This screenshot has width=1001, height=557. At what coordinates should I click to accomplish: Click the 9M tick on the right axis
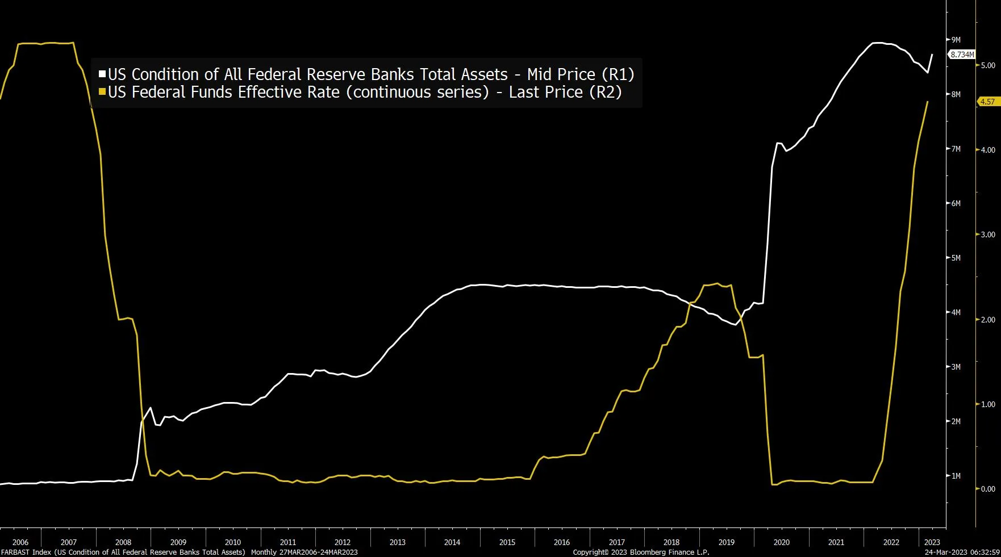pyautogui.click(x=956, y=40)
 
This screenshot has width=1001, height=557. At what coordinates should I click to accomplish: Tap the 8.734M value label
pyautogui.click(x=962, y=55)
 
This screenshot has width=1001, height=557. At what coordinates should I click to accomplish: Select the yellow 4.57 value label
pyautogui.click(x=987, y=102)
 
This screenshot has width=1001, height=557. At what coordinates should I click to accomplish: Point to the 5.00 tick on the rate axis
pyautogui.click(x=988, y=65)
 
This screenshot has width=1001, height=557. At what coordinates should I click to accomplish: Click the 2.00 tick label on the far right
pyautogui.click(x=988, y=320)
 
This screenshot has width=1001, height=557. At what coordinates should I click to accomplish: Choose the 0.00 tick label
pyautogui.click(x=988, y=489)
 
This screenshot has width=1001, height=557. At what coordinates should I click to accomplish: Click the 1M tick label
pyautogui.click(x=956, y=476)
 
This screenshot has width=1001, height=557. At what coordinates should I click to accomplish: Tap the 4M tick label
pyautogui.click(x=956, y=312)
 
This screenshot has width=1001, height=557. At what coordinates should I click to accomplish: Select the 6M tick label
pyautogui.click(x=956, y=203)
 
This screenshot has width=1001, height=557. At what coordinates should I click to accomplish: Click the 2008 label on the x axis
pyautogui.click(x=123, y=542)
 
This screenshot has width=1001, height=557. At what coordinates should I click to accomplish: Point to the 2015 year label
pyautogui.click(x=507, y=542)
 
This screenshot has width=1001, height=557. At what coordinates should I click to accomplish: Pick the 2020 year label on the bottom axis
pyautogui.click(x=781, y=542)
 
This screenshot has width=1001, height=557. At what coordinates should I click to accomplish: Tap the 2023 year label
pyautogui.click(x=932, y=542)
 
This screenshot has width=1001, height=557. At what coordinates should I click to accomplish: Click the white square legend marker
pyautogui.click(x=102, y=74)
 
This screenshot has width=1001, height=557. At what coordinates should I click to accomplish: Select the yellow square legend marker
pyautogui.click(x=102, y=92)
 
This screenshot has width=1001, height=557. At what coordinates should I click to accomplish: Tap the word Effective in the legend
pyautogui.click(x=264, y=92)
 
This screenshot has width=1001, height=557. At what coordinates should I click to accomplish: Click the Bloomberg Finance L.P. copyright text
pyautogui.click(x=641, y=552)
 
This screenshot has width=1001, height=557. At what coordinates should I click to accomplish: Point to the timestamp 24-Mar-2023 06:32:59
pyautogui.click(x=962, y=552)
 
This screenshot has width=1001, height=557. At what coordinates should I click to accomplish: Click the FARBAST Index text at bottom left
pyautogui.click(x=26, y=552)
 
